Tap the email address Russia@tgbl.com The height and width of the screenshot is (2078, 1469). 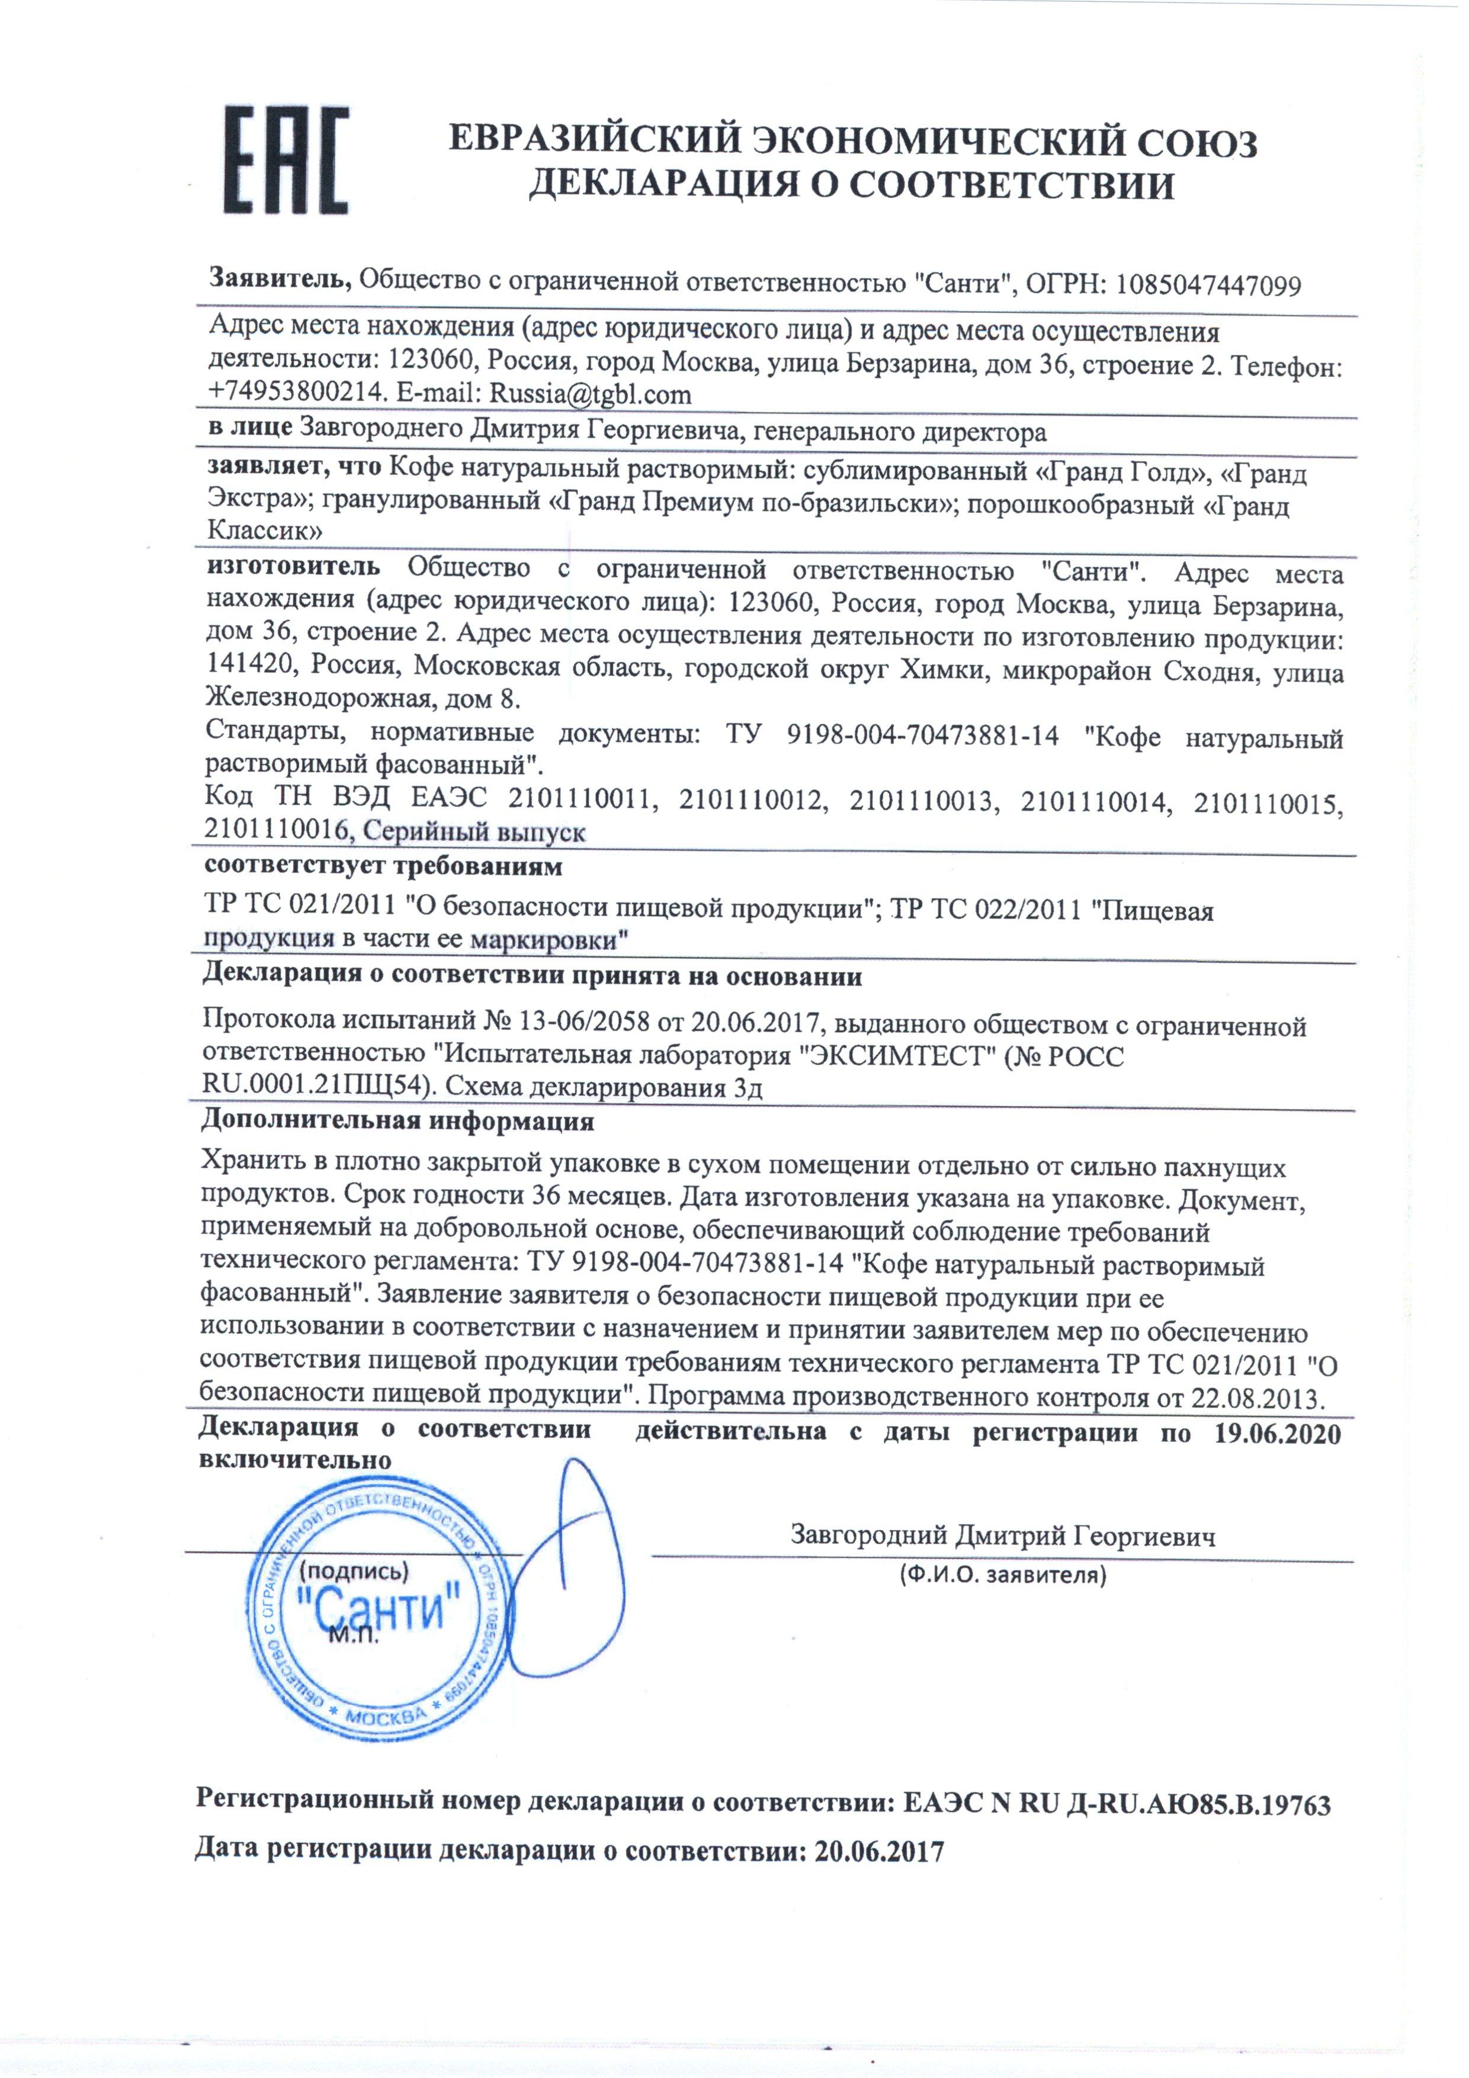(x=590, y=394)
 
